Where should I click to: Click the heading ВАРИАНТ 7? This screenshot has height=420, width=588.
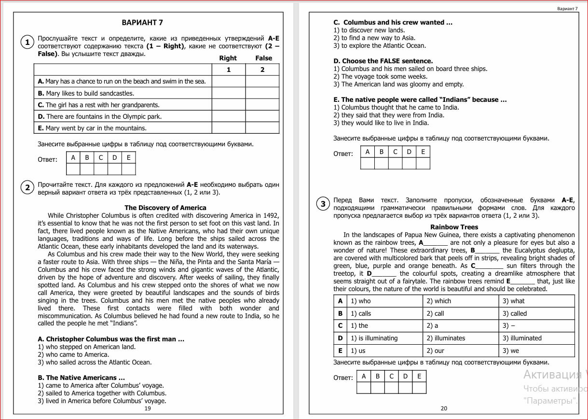pyautogui.click(x=142, y=23)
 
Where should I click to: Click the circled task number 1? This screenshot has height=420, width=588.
pyautogui.click(x=27, y=42)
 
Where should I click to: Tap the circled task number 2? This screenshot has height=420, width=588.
pyautogui.click(x=27, y=187)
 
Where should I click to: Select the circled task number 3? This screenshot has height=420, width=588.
pyautogui.click(x=323, y=204)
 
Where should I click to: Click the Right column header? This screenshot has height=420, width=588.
pyautogui.click(x=228, y=58)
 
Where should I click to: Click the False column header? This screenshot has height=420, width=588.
pyautogui.click(x=264, y=58)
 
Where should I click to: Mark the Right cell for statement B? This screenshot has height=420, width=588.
pyautogui.click(x=229, y=93)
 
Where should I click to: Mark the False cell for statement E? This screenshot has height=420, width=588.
pyautogui.click(x=262, y=128)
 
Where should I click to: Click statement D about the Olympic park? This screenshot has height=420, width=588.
pyautogui.click(x=99, y=116)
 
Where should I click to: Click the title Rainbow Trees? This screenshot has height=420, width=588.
pyautogui.click(x=454, y=227)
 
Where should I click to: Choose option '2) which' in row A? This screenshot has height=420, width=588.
pyautogui.click(x=438, y=301)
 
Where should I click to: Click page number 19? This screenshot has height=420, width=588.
pyautogui.click(x=148, y=408)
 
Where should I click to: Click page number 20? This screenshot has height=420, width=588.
pyautogui.click(x=444, y=408)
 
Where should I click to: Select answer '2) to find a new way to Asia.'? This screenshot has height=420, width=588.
pyautogui.click(x=374, y=38)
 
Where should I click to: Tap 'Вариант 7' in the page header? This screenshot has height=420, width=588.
pyautogui.click(x=567, y=9)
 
